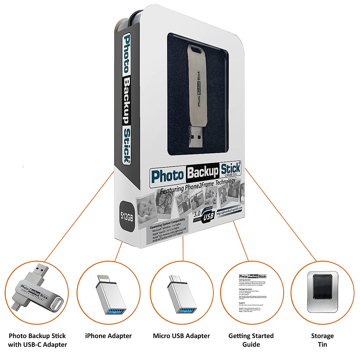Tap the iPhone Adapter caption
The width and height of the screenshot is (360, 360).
pyautogui.click(x=108, y=336)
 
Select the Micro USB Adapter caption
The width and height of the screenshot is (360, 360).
pyautogui.click(x=181, y=336)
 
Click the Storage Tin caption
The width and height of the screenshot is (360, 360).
pyautogui.click(x=322, y=340)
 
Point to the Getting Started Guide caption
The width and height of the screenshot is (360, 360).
pyautogui.click(x=251, y=340)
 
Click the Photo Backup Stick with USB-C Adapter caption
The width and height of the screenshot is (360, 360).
pyautogui.click(x=37, y=340)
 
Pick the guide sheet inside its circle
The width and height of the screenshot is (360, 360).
pyautogui.click(x=252, y=292)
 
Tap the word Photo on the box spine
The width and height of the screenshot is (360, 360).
pyautogui.click(x=127, y=54)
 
